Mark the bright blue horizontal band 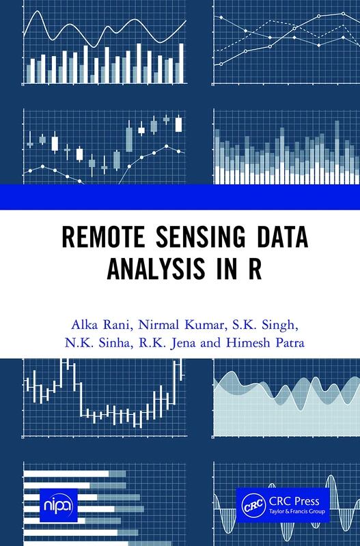pos(180,197)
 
